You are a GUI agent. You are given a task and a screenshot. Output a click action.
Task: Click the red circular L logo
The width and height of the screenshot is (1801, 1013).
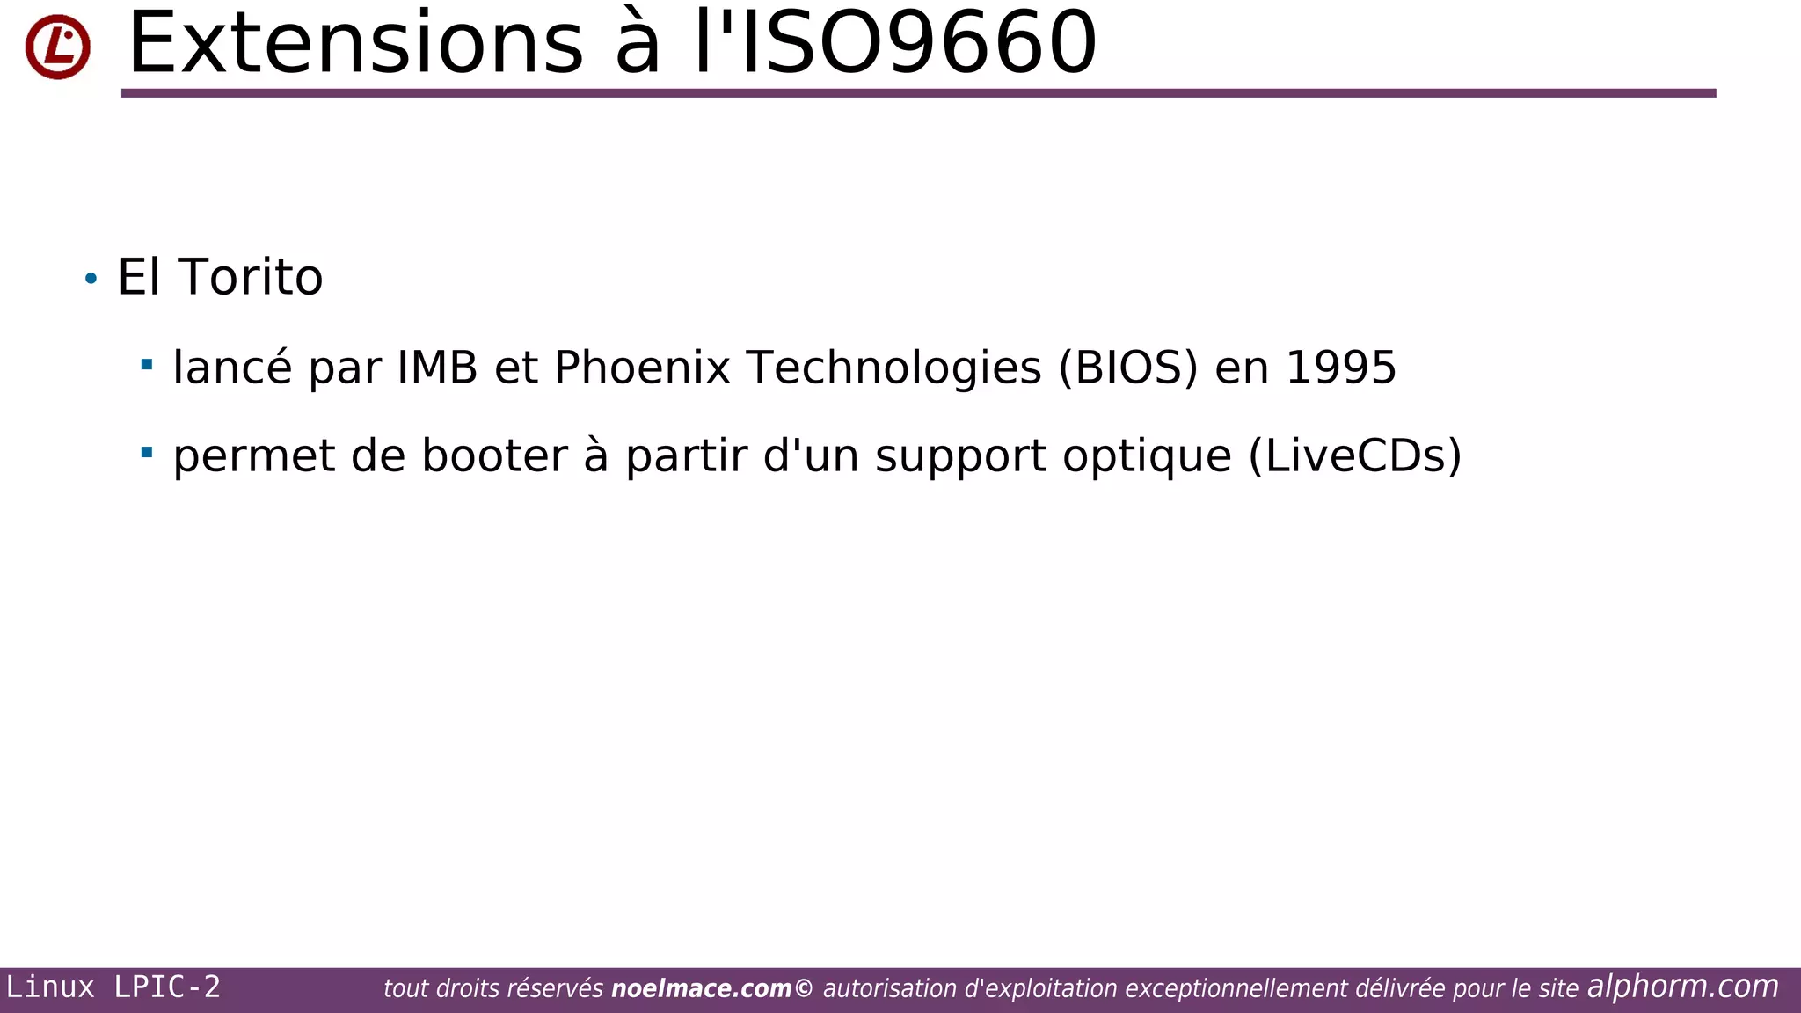[x=57, y=47]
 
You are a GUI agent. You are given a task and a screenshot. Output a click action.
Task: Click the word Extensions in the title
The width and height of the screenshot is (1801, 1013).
[x=355, y=43]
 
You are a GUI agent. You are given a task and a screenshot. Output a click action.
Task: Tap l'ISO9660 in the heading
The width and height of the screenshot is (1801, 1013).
[x=895, y=43]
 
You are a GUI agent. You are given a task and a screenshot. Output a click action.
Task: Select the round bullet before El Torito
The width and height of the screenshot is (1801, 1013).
[x=91, y=280]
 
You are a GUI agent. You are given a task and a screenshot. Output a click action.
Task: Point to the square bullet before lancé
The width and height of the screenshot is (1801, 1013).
[x=147, y=363]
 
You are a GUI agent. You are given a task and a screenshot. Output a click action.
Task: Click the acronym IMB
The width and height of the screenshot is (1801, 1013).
[x=437, y=368]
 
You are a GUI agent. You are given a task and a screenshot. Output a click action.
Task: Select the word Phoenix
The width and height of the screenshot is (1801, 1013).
[x=642, y=368]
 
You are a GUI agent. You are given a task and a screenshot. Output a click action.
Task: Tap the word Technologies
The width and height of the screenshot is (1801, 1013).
[x=893, y=368]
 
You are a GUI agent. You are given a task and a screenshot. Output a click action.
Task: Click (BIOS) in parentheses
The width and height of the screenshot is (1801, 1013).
[x=1128, y=368]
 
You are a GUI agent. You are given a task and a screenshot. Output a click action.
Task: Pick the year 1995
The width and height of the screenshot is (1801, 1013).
[x=1340, y=368]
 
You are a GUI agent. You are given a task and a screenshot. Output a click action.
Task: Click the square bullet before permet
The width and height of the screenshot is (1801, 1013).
[x=147, y=452]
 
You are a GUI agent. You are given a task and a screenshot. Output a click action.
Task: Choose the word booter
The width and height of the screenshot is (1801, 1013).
[x=494, y=456]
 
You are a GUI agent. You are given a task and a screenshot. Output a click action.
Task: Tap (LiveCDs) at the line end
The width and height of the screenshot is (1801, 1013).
[x=1354, y=456]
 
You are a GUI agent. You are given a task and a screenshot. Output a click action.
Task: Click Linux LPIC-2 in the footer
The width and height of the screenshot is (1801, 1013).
[x=113, y=987]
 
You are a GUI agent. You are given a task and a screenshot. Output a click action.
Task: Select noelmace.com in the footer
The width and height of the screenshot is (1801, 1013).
[x=701, y=989]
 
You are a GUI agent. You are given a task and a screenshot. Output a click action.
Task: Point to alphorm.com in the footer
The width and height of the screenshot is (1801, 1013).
[x=1682, y=987]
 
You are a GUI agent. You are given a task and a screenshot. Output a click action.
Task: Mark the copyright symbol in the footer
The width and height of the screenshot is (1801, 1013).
[x=804, y=989]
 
